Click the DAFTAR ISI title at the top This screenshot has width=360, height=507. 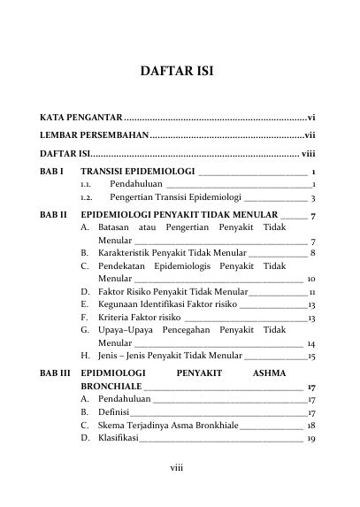coord(180,70)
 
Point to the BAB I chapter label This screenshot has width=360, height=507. coord(51,171)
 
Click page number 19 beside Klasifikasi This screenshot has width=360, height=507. coord(311,440)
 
